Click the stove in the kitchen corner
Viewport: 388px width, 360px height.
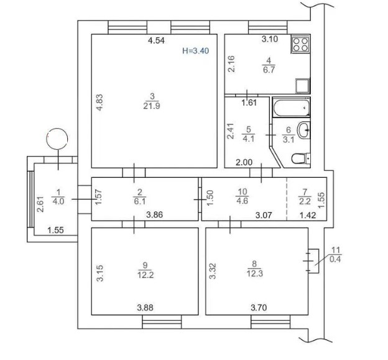300,44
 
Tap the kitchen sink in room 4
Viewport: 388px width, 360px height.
303,86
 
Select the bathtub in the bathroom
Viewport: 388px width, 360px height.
291,108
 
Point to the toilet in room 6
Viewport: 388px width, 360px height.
301,158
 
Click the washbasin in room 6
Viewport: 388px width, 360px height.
303,130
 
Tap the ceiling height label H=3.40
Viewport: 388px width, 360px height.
195,51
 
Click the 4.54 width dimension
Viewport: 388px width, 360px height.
156,40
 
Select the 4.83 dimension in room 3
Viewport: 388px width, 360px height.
99,102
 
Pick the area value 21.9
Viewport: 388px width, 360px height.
152,106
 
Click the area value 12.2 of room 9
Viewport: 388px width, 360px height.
145,275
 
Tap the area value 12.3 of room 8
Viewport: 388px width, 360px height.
255,274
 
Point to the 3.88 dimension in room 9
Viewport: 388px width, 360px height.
145,308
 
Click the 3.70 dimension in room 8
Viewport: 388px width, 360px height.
259,308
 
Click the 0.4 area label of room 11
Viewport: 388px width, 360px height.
336,259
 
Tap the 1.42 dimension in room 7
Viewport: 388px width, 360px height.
308,215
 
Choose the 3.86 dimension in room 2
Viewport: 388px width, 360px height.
155,215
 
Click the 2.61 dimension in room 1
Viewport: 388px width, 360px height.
40,204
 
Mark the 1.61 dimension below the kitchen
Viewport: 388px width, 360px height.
249,103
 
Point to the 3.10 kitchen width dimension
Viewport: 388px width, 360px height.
270,39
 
